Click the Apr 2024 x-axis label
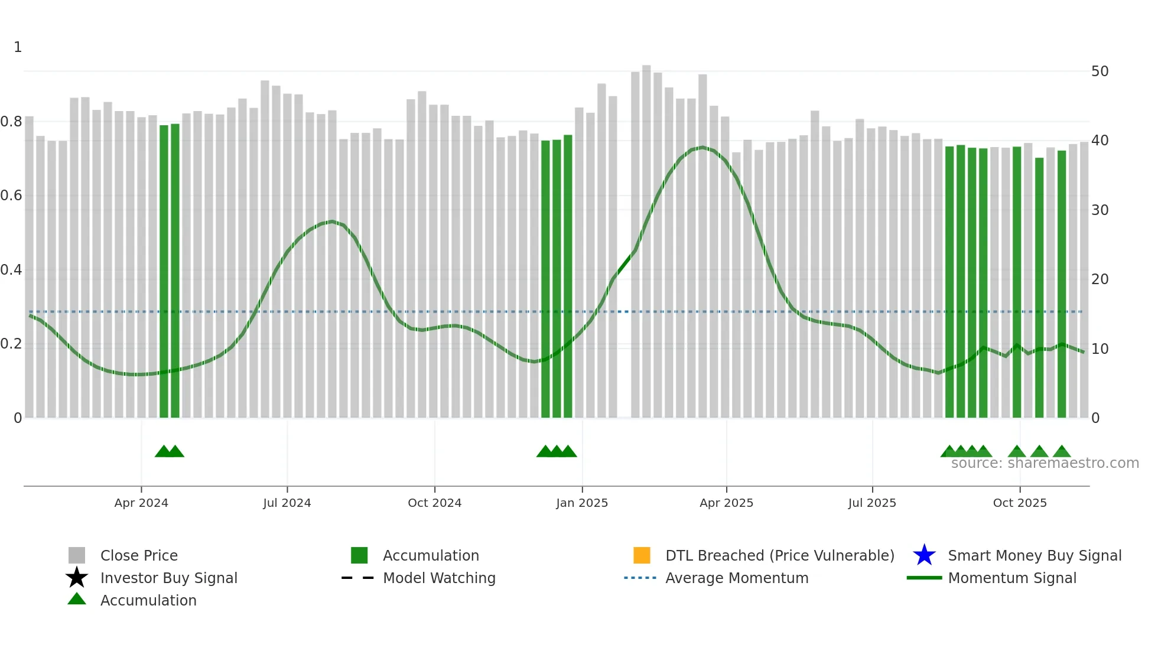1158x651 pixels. (x=141, y=503)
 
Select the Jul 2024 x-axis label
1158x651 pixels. (x=287, y=503)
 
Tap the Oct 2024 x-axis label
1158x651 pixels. (x=435, y=503)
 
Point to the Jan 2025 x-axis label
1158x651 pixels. (x=582, y=503)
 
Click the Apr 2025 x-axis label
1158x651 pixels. (x=727, y=503)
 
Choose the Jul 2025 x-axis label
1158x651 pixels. (x=872, y=503)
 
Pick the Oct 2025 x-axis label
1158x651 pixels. (x=1020, y=503)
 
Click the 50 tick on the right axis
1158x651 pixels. (x=1100, y=71)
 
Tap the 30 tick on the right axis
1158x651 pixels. (x=1100, y=210)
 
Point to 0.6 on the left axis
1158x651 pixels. (x=11, y=196)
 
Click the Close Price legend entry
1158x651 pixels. (x=139, y=555)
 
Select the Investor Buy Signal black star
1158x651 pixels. (x=77, y=578)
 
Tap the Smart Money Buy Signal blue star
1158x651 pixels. (x=924, y=555)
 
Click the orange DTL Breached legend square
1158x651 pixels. (x=642, y=555)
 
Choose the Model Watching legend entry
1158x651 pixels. (x=439, y=578)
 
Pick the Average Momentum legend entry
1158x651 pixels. (x=737, y=578)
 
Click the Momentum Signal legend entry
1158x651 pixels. (x=1012, y=578)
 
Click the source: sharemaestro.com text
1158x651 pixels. (x=1045, y=463)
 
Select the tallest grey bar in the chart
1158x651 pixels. (x=646, y=236)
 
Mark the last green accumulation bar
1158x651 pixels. (x=1062, y=284)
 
